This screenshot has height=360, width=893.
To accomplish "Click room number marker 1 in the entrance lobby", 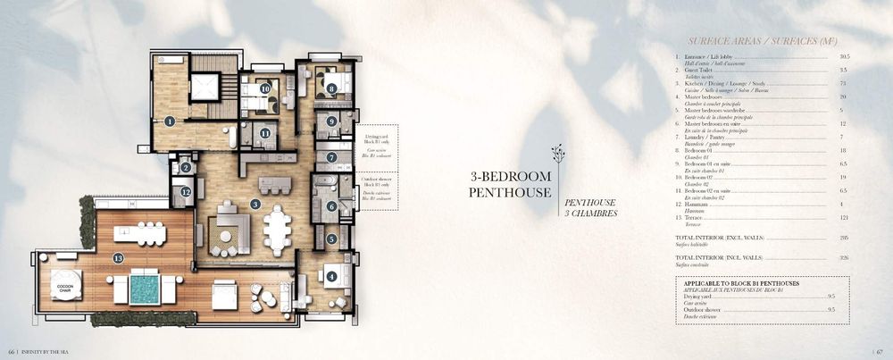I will (169, 121).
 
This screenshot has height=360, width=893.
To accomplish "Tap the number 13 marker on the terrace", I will (119, 258).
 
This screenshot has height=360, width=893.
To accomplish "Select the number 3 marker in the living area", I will (255, 205).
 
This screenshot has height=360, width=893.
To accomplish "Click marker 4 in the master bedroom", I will (332, 277).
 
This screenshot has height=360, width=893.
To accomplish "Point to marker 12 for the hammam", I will (186, 191).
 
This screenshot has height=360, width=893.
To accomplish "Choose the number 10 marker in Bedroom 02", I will (265, 88).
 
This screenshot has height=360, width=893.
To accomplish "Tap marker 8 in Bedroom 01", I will (331, 88).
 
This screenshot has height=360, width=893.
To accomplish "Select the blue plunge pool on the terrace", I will (143, 288).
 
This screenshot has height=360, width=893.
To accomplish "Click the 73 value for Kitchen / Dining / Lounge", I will (842, 82).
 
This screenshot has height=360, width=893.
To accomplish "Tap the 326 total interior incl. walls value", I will (840, 257).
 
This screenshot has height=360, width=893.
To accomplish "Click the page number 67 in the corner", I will (880, 350).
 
